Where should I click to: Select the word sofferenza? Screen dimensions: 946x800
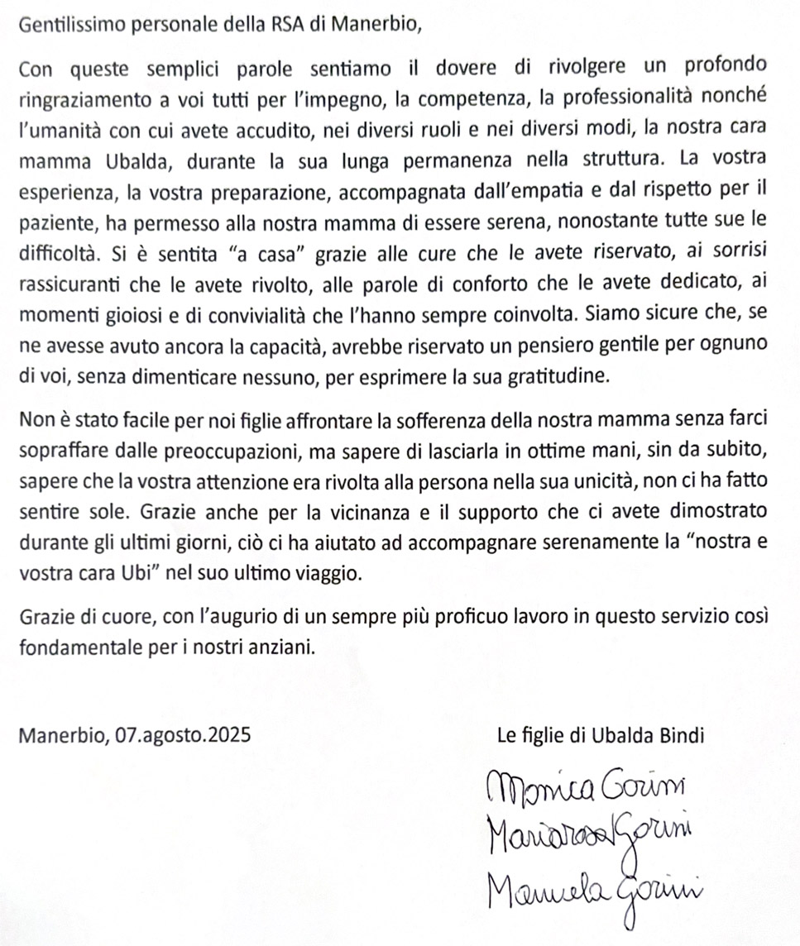coord(450,420)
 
